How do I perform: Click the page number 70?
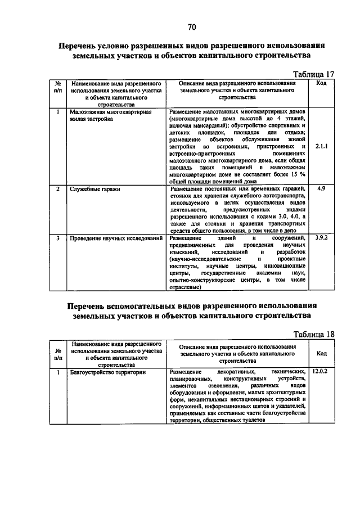tap(192, 26)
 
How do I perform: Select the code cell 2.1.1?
tap(322, 147)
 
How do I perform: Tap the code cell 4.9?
tap(322, 189)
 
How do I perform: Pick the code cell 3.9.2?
tap(322, 238)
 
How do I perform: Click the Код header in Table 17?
tap(322, 83)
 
